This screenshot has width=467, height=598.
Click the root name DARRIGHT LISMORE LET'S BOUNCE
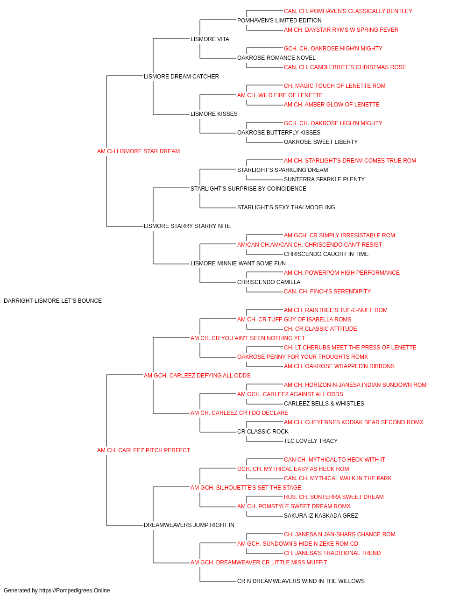point(52,301)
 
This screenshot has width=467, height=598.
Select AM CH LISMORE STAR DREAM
point(138,151)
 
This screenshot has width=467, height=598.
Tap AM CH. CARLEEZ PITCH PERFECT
point(143,450)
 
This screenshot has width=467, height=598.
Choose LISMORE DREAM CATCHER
point(181,77)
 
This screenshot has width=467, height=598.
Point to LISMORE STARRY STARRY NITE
point(187,226)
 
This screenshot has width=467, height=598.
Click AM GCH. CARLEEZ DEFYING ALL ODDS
point(197,376)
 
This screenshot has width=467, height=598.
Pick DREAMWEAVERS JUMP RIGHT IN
point(189,525)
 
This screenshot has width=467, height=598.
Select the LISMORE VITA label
point(210,39)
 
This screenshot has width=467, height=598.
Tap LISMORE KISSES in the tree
point(214,114)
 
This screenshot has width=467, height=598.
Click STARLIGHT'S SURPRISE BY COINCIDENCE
point(248,189)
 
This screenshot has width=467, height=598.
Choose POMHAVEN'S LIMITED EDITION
point(279,21)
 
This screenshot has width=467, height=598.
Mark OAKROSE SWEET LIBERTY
point(321,142)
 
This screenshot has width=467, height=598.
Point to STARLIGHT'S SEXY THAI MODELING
point(286,207)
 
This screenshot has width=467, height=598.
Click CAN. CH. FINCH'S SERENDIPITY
point(327,292)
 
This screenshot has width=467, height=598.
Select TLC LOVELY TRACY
point(311,441)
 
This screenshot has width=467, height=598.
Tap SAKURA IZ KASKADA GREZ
point(321,516)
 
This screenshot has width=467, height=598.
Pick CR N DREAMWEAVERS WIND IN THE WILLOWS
point(301,581)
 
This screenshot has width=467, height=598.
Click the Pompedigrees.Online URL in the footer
point(74,591)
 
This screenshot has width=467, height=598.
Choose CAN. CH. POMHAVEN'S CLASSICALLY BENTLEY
point(348,11)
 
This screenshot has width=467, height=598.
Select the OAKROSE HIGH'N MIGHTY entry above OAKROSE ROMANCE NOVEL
point(333,49)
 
